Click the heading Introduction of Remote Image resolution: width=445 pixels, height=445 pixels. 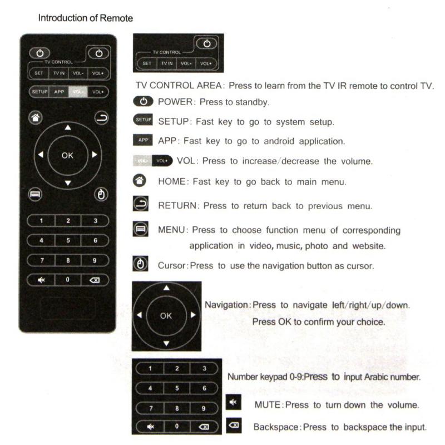pos(85,18)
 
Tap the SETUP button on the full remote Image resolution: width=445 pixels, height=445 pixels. pos(39,92)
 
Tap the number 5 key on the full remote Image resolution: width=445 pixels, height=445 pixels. pos(68,240)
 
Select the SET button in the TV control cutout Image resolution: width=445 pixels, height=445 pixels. pos(147,63)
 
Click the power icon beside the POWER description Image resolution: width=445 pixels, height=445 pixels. pos(143,102)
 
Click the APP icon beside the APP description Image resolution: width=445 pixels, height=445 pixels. pos(142,141)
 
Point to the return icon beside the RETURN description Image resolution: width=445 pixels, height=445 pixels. pos(140,205)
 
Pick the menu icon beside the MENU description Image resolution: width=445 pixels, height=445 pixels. pos(140,229)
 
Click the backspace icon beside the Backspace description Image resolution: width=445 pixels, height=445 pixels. pos(234,426)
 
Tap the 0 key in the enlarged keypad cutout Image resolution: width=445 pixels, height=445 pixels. pos(177,427)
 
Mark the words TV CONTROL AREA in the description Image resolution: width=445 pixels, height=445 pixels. pos(171,87)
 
